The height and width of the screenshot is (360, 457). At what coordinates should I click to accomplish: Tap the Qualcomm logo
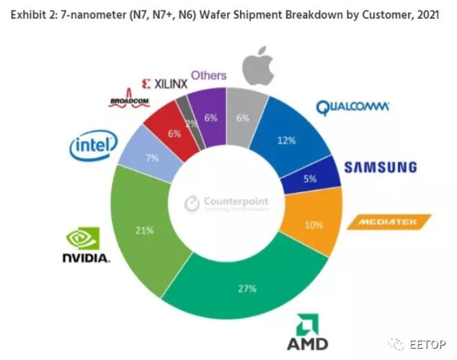353,107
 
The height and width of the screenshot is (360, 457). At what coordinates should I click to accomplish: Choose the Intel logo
91,145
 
